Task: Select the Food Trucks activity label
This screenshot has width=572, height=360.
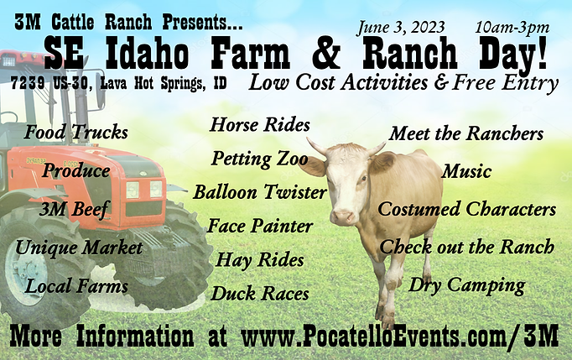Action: pos(76,133)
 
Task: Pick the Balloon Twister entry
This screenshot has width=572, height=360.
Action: pos(260,192)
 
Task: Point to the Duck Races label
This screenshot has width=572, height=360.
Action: pos(260,294)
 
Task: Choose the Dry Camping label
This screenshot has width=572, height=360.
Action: pos(466,285)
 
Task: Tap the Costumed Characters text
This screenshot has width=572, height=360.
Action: pos(467,209)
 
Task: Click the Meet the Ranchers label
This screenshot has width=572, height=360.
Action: pos(466,133)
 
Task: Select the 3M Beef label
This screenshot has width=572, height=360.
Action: pos(74,210)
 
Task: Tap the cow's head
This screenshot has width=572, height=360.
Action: pos(343,179)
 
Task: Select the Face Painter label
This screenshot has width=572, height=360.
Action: pos(260,227)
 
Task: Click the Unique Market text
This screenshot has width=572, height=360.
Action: pos(78,248)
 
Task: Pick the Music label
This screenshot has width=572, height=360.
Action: pos(466,171)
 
